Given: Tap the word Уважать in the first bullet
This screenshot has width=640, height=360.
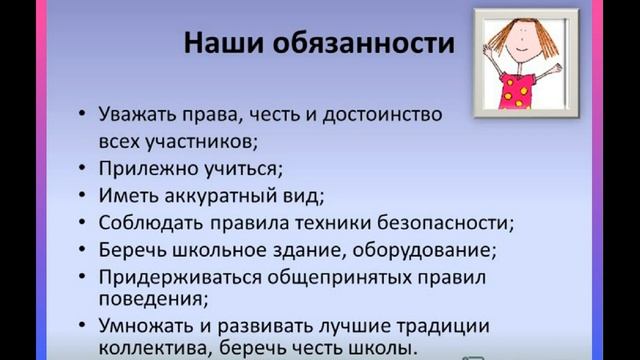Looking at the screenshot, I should coord(139,113).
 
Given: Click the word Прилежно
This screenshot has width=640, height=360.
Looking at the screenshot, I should coord(140,167).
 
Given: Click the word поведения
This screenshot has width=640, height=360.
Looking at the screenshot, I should coord(147,298).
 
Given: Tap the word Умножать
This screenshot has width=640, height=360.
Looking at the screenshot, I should coord(142,325).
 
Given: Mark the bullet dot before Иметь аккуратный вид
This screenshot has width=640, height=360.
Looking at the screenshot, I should coord(81,194).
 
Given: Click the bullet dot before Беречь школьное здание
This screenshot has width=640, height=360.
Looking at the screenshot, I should coord(81,248).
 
